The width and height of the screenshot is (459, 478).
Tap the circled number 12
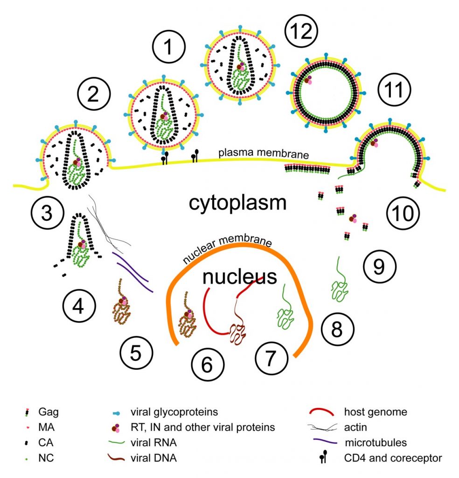click(301, 32)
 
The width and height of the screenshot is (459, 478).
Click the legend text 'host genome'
click(376, 412)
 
